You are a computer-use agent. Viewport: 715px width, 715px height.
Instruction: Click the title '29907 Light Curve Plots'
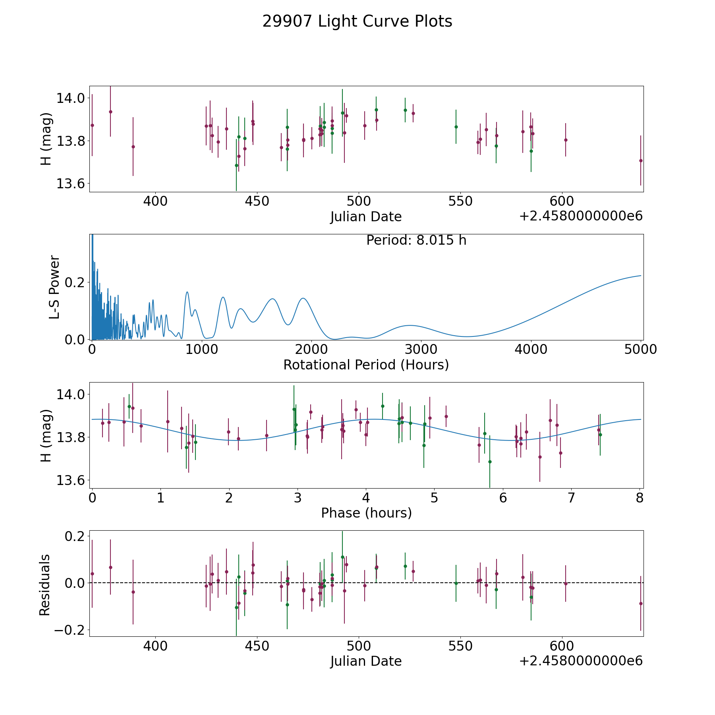357,21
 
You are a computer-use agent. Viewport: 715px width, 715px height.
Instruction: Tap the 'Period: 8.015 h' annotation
416,240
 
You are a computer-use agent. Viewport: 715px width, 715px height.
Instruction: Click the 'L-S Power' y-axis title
54,287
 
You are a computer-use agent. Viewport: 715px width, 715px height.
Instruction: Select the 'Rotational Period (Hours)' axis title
366,365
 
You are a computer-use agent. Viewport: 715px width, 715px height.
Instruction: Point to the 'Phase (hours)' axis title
366,513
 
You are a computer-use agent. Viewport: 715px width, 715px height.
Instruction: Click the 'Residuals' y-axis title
44,585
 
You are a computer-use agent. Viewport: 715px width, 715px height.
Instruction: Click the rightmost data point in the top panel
640,160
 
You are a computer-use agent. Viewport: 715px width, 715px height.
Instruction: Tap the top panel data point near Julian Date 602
565,140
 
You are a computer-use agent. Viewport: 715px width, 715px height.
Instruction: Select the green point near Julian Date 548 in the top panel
456,127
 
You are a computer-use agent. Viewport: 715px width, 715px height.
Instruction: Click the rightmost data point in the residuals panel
640,603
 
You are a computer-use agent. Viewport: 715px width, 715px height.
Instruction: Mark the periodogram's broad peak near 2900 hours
410,325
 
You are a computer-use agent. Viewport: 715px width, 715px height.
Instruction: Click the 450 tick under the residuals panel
257,646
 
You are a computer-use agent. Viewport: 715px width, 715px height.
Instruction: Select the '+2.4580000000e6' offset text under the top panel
581,216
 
